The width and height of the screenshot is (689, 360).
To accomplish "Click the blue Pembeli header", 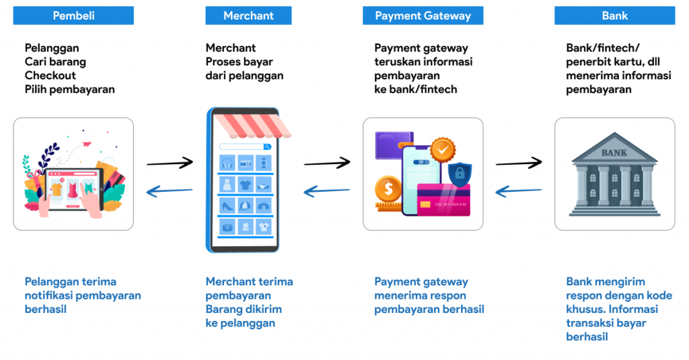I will pos(73,15).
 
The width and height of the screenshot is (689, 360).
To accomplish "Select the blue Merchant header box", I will pos(248,15).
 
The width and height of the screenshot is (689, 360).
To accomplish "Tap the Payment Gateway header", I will pos(423,15).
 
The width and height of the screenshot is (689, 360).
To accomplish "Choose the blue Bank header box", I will pos(614,15).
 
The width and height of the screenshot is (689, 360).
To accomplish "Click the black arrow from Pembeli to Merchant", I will pos(170,163).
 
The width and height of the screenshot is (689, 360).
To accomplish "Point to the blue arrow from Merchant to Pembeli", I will pos(170,192).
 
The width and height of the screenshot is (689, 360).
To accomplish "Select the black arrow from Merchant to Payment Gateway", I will pos(327,162).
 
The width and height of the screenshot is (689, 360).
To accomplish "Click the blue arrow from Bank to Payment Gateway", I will pos(519,192).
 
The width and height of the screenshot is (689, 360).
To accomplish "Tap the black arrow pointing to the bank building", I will pos(519,162).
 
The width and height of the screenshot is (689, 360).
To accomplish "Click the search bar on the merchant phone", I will pos(245,146).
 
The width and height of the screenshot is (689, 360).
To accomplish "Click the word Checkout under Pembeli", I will pos(50,75).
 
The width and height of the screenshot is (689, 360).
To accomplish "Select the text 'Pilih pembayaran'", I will pos(69,89).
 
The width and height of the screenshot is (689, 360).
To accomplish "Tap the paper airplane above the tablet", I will pos(86,143).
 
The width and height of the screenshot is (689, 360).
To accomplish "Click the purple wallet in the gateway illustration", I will pos(394,147).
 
